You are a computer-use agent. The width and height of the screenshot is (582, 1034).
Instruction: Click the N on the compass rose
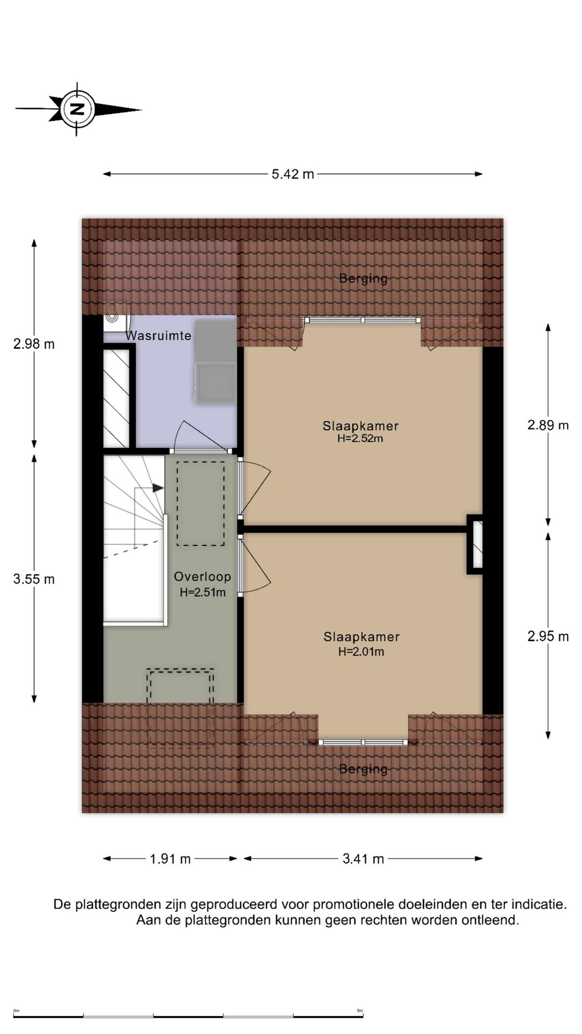pyautogui.click(x=78, y=109)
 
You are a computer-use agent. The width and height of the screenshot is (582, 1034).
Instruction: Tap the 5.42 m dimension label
pyautogui.click(x=293, y=174)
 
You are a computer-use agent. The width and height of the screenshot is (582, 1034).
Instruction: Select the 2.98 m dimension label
pyautogui.click(x=34, y=344)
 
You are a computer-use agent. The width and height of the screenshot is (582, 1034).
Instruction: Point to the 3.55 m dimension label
pyautogui.click(x=34, y=579)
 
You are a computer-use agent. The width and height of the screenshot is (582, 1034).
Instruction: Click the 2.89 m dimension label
pyautogui.click(x=548, y=425)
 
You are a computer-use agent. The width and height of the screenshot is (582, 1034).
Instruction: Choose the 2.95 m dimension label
pyautogui.click(x=548, y=636)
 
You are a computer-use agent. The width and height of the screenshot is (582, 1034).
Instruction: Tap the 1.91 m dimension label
pyautogui.click(x=170, y=858)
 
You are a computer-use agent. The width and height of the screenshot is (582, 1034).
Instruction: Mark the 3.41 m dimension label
pyautogui.click(x=363, y=858)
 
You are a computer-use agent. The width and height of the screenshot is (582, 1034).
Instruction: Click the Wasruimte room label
pyautogui.click(x=158, y=336)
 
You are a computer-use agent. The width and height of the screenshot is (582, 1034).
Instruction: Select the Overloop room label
pyautogui.click(x=203, y=576)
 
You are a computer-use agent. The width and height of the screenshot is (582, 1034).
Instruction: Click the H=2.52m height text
pyautogui.click(x=360, y=438)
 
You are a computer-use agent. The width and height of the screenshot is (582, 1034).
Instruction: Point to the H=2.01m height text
pyautogui.click(x=361, y=652)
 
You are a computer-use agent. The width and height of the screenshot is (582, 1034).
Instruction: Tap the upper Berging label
pyautogui.click(x=363, y=278)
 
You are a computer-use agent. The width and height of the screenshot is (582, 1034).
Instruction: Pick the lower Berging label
pyautogui.click(x=363, y=769)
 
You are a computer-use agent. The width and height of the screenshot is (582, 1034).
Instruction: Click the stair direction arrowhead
pyautogui.click(x=158, y=488)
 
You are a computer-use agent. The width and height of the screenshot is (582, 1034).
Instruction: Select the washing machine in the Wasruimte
pyautogui.click(x=216, y=383)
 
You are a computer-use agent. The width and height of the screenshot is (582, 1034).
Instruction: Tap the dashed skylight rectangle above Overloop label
pyautogui.click(x=201, y=504)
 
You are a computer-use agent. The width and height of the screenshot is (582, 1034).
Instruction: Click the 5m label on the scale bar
pyautogui.click(x=360, y=1010)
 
